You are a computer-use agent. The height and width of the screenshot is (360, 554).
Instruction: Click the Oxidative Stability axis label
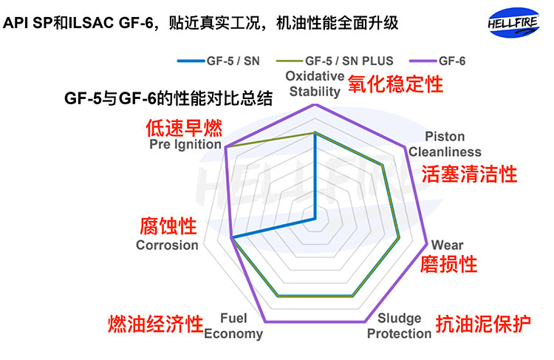(x=315, y=84)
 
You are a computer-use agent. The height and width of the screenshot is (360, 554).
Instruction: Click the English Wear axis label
(x=447, y=245)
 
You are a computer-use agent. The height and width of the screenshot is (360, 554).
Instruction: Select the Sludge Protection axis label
(x=399, y=326)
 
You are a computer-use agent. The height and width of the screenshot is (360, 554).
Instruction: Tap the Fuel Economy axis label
(x=233, y=326)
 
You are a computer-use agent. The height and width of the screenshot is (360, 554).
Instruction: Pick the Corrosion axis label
(x=168, y=245)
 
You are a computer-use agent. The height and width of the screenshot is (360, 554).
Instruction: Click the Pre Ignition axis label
(x=185, y=145)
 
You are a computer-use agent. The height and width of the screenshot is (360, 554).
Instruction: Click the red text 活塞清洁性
(x=468, y=175)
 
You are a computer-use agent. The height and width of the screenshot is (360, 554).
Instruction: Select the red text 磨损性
(x=448, y=264)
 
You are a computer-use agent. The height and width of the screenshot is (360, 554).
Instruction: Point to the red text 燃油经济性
(x=156, y=324)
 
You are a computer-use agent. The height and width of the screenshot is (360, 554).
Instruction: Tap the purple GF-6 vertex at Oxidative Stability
(x=315, y=104)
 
